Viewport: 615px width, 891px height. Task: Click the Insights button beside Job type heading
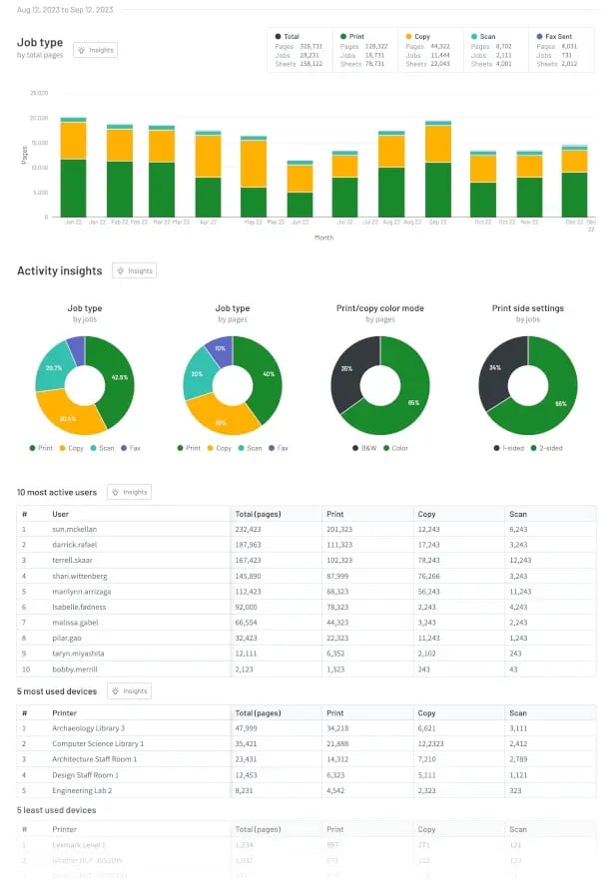tap(96, 50)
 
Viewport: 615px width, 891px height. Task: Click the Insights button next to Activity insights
tap(135, 270)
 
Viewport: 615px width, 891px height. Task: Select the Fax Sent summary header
tap(557, 36)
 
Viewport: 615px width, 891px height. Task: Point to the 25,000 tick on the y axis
tap(39, 93)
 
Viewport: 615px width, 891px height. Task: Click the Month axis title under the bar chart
tap(323, 237)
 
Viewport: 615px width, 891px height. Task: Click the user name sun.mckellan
tap(76, 528)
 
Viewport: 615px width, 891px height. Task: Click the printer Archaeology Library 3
tap(88, 728)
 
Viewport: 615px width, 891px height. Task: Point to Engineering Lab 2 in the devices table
tap(82, 789)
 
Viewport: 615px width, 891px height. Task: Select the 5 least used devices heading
tap(56, 809)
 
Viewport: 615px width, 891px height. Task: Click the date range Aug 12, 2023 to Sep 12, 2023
tap(64, 9)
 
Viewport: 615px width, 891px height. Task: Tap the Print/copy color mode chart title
tap(379, 308)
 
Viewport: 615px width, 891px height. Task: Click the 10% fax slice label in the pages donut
tap(220, 348)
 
